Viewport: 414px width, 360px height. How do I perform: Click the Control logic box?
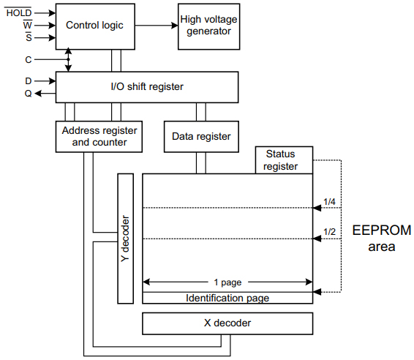(x=95, y=25)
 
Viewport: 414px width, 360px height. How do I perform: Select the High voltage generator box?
(x=208, y=25)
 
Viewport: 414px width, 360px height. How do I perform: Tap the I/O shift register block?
(x=146, y=87)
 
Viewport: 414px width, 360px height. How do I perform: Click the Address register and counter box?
(x=99, y=136)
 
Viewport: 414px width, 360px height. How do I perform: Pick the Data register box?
(x=201, y=136)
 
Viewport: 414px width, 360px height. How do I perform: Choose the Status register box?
(x=284, y=160)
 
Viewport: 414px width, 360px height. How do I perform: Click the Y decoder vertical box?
(x=125, y=238)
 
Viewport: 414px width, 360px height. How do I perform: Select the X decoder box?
(x=227, y=323)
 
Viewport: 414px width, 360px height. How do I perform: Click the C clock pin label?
(x=29, y=59)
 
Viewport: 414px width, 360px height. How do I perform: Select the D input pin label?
(x=29, y=80)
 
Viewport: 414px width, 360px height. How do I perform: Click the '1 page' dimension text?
(x=227, y=281)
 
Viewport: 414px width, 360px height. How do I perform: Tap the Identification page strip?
(x=227, y=298)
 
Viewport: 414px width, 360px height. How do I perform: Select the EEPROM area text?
(x=381, y=239)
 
